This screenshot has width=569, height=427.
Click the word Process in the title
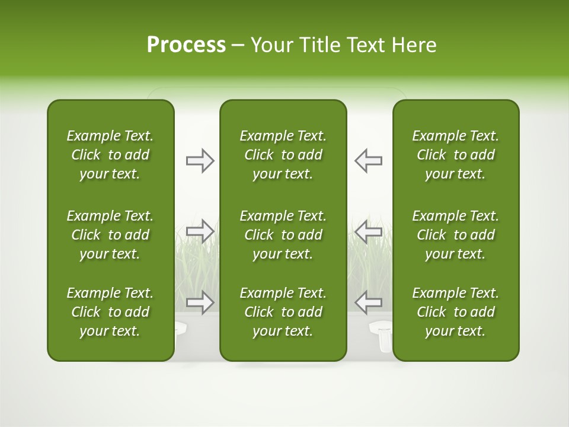186,45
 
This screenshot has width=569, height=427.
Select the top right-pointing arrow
200,161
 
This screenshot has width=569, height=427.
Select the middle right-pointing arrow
200,231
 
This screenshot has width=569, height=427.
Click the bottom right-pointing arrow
200,302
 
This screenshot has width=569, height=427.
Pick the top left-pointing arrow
368,161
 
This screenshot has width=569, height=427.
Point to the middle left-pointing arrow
368,231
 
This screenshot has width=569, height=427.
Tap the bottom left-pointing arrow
368,302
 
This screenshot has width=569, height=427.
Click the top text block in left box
110,155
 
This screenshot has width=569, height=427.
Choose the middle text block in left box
110,235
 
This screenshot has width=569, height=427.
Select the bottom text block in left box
110,312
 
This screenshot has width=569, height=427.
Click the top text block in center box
283,155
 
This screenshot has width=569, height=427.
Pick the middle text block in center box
283,235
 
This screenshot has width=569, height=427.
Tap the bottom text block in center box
283,312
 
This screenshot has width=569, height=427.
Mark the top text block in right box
455,155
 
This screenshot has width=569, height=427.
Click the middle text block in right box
455,235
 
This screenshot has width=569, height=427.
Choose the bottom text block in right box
455,312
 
